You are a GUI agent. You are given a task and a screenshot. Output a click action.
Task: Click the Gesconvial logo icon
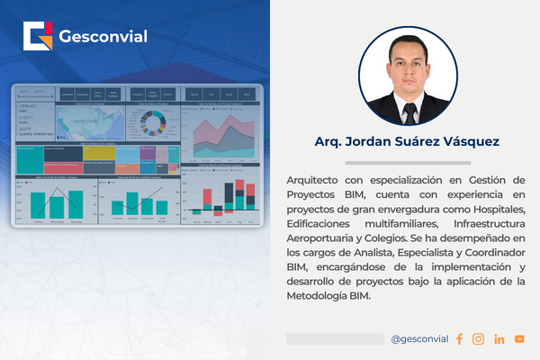click(x=39, y=37)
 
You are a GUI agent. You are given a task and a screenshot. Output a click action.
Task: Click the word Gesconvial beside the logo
click(x=102, y=37)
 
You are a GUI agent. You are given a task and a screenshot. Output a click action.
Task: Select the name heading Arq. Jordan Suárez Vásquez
click(x=408, y=142)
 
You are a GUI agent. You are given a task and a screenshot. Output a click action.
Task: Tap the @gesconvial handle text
click(x=418, y=339)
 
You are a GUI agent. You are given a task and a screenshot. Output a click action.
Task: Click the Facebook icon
click(x=459, y=339)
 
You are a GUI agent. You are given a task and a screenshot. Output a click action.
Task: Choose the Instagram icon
click(x=478, y=339)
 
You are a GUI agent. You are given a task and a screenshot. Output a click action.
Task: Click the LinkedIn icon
click(x=499, y=339)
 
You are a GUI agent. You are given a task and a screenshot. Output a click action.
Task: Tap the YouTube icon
click(x=520, y=339)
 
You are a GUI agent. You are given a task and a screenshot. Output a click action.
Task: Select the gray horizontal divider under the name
click(x=408, y=163)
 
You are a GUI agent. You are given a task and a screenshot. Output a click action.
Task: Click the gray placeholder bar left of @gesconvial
click(x=335, y=339)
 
